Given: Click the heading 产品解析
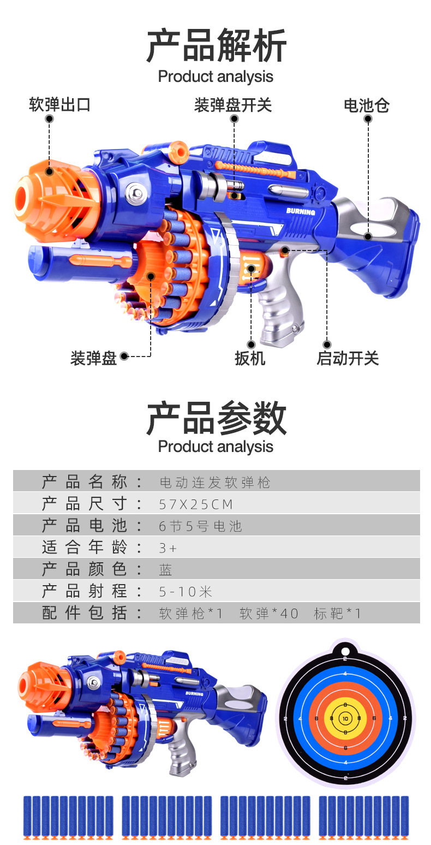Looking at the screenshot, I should tap(216, 47).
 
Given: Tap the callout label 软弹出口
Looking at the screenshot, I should tap(59, 105).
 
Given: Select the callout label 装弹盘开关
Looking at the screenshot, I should tap(233, 105).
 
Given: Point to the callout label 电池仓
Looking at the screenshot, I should tap(367, 105).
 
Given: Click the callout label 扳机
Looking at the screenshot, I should tap(250, 359).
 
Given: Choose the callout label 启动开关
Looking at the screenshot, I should tap(348, 359).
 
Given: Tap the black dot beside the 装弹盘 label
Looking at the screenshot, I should tap(124, 356).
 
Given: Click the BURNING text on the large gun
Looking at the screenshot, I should tap(301, 211).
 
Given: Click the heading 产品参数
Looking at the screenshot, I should tap(216, 418).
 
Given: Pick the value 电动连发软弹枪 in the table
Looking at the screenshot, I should tap(215, 483).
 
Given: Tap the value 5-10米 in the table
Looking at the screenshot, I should tap(185, 591).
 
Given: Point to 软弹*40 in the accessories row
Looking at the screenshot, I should tap(269, 614).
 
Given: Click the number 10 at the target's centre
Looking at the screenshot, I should tap(345, 719).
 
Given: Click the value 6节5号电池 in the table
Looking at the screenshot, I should tap(200, 526).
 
